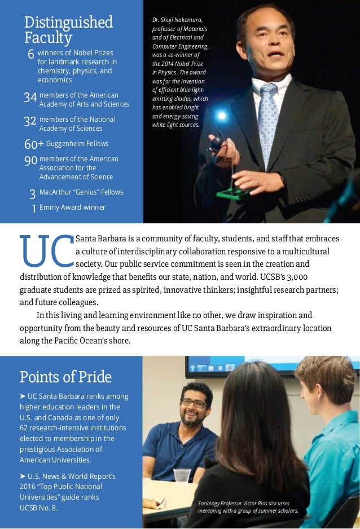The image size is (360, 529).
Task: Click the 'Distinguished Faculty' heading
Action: [68, 30]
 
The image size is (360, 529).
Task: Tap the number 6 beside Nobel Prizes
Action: [31, 55]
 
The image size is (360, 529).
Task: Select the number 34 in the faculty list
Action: [30, 98]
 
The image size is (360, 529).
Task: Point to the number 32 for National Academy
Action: [30, 122]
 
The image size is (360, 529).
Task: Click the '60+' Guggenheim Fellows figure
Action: [34, 144]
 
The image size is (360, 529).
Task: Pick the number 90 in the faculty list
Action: [30, 162]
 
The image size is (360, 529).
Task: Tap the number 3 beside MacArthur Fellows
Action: [33, 195]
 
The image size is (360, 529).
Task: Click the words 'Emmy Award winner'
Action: [72, 208]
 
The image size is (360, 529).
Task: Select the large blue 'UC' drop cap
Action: [46, 252]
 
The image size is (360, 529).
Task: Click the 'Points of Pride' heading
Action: [65, 377]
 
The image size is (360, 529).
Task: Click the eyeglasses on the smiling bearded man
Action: [194, 403]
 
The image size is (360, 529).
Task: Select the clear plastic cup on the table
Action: [182, 477]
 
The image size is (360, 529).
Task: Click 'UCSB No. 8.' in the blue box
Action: [38, 508]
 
